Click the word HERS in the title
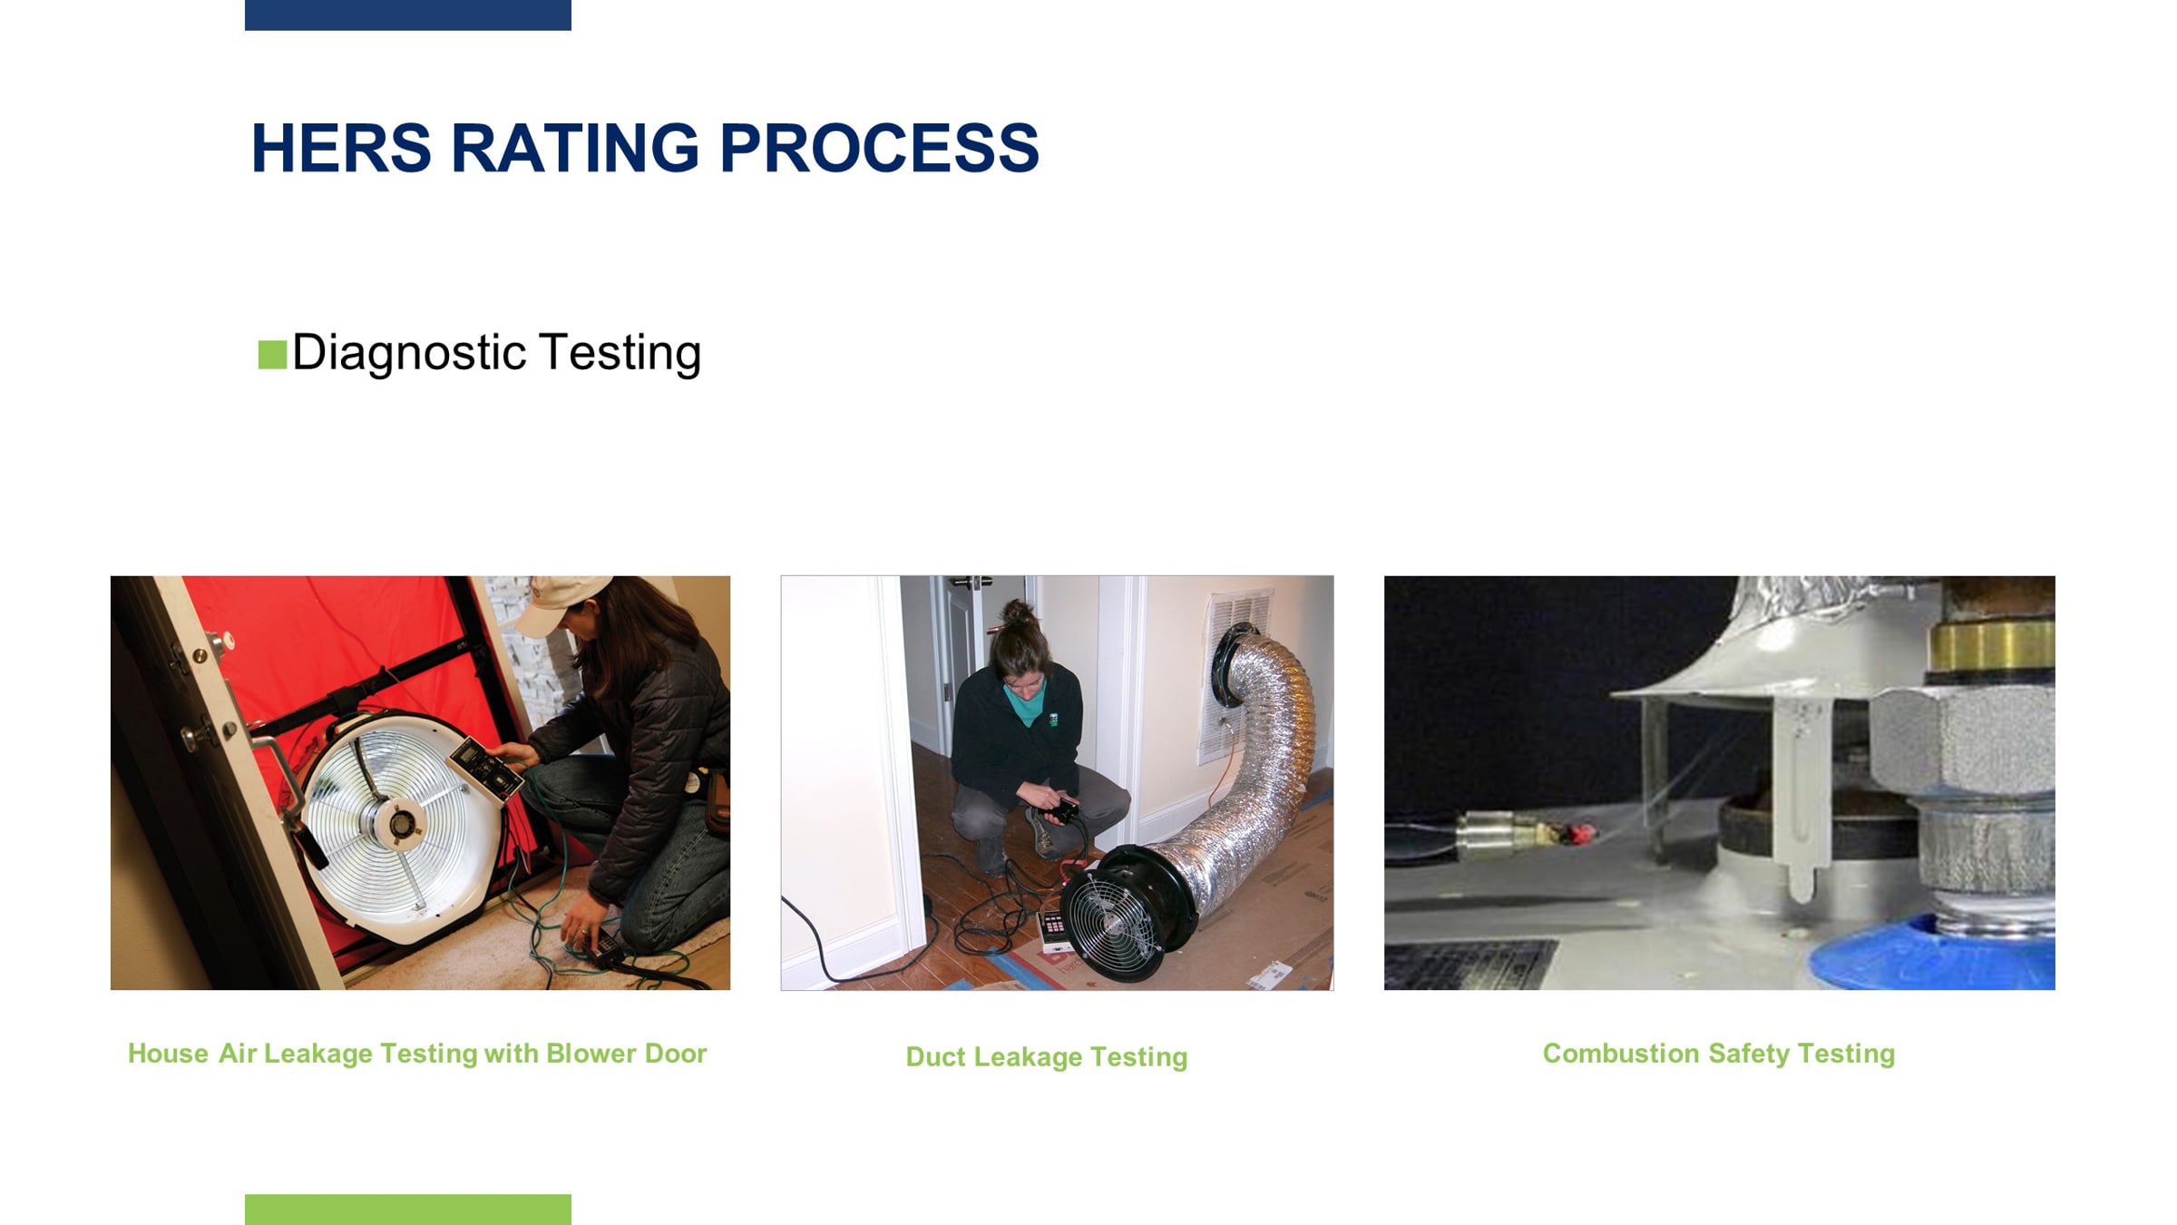pyautogui.click(x=341, y=148)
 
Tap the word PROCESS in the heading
pyautogui.click(x=879, y=148)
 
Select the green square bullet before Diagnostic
pyautogui.click(x=272, y=354)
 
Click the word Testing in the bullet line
pyautogui.click(x=620, y=354)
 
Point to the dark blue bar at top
pyautogui.click(x=408, y=15)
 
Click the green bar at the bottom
pyautogui.click(x=408, y=1210)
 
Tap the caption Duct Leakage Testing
pyautogui.click(x=1046, y=1057)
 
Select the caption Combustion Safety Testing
pyautogui.click(x=1719, y=1053)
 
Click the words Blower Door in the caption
pyautogui.click(x=626, y=1053)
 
